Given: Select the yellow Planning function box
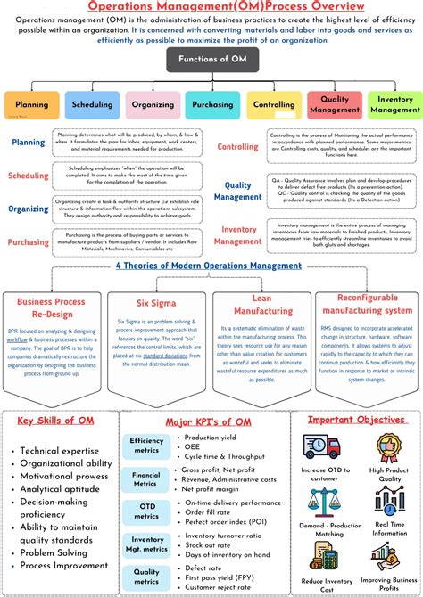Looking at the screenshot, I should [x=31, y=104].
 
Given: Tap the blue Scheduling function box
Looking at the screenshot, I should [x=92, y=104].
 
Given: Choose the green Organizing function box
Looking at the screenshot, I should [x=152, y=104].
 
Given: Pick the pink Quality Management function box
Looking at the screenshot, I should [x=334, y=104].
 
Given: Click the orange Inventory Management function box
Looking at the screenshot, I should [x=394, y=104].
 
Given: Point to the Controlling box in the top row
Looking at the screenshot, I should [x=273, y=104].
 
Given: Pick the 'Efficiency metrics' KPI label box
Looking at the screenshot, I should [x=146, y=446].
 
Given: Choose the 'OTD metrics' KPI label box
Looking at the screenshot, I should [x=146, y=511].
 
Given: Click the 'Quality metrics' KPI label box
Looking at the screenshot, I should [x=146, y=577].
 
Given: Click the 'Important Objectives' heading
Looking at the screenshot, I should [x=356, y=419].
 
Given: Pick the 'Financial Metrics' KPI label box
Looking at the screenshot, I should [x=146, y=478].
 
